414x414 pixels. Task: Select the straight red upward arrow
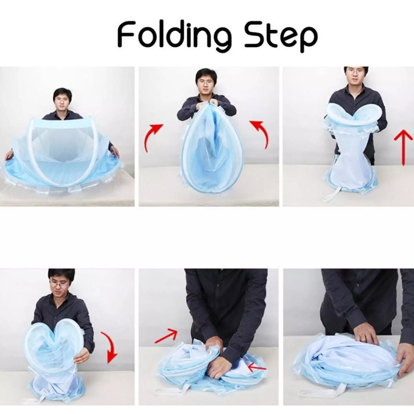tap(403, 147)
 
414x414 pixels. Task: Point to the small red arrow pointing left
tap(257, 367)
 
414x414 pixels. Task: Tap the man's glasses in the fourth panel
tap(61, 284)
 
